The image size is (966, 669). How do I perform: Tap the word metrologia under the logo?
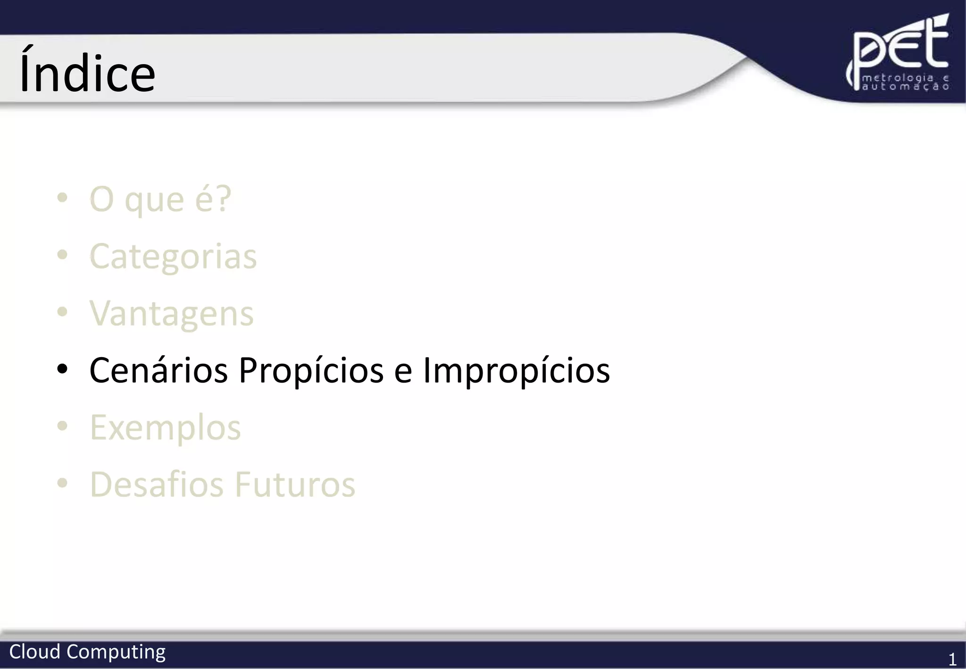point(898,78)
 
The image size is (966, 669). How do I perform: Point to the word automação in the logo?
point(906,87)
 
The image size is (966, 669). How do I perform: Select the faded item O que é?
point(160,200)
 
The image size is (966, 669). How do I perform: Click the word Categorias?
point(173,257)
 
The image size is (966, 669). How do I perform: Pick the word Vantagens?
point(172,314)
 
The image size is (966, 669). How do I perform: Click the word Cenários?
point(158,370)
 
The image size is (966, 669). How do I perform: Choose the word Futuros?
point(295,485)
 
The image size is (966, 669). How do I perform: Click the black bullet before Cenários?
point(62,369)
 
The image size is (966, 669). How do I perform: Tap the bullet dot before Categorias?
point(62,255)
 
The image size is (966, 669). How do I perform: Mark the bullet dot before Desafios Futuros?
point(62,483)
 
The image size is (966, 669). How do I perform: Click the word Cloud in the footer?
point(35,652)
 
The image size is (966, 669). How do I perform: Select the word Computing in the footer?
point(116,652)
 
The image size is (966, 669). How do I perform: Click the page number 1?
point(952,659)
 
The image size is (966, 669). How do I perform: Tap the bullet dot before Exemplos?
point(62,426)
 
